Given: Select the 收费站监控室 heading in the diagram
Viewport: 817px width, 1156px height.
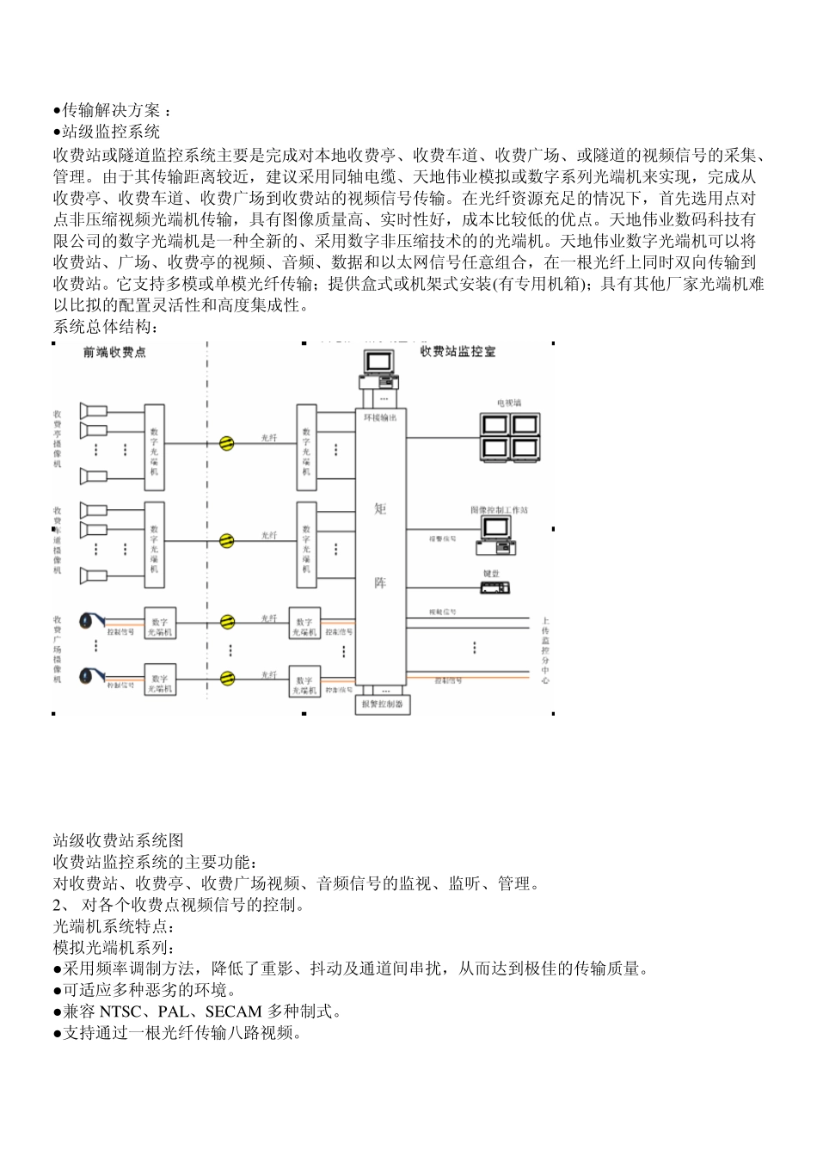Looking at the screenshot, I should pos(458,352).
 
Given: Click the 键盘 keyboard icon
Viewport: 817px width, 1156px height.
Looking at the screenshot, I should pos(494,588).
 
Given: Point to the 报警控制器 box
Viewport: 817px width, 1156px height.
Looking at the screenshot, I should pos(383,705).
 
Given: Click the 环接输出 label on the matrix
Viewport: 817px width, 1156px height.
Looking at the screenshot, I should pos(380,417).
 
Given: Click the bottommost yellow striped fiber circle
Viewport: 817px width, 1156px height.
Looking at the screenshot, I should pos(227,677).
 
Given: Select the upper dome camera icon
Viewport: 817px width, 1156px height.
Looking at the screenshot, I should pos(89,619).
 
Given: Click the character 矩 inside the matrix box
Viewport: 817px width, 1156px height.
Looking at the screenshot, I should pos(380,509).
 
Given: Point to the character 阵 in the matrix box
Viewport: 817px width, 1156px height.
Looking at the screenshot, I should pos(380,583).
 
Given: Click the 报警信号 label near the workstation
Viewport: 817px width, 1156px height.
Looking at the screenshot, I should pos(443,539).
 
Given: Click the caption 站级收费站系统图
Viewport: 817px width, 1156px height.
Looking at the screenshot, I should pos(118,840).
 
